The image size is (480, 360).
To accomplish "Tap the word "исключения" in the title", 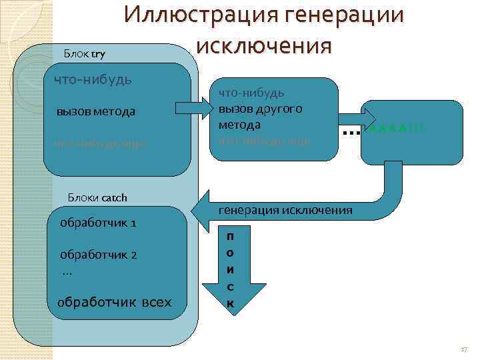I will [x=264, y=46].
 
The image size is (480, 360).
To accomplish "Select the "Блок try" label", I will [x=84, y=53].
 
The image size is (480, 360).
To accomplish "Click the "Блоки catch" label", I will [x=97, y=197].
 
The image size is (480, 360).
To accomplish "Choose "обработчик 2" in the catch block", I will [x=98, y=255].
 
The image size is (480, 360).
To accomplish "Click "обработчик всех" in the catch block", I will [x=114, y=303].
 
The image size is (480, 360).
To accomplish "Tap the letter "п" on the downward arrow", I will [x=230, y=237].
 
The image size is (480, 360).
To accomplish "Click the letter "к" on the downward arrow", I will [x=230, y=303].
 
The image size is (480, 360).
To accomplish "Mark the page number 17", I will [x=464, y=349].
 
